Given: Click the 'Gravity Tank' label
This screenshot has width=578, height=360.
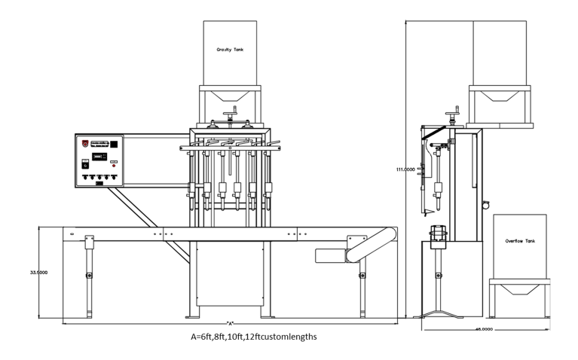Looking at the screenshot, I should click(x=230, y=50).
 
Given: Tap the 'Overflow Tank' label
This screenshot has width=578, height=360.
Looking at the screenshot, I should click(x=519, y=241).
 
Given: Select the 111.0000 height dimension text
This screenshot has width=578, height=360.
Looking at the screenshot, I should click(x=405, y=169).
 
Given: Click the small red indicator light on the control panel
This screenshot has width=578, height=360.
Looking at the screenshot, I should click(x=114, y=165).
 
